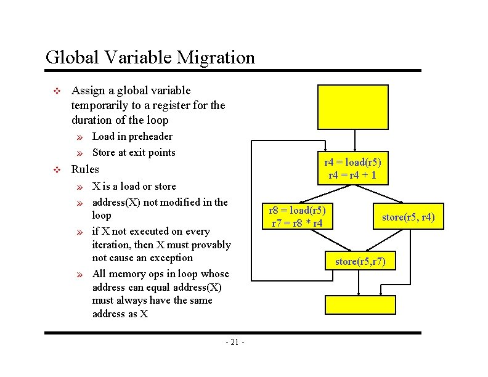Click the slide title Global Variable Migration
[150, 58]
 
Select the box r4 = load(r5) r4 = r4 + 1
[352, 169]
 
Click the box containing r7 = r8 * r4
[298, 216]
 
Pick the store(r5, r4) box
[408, 216]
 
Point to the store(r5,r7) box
[360, 262]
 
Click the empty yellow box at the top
[353, 106]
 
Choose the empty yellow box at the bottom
[360, 304]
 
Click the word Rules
[85, 169]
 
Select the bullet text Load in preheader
[132, 136]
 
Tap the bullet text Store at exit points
[133, 152]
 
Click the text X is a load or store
[134, 186]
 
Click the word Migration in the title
[215, 58]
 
